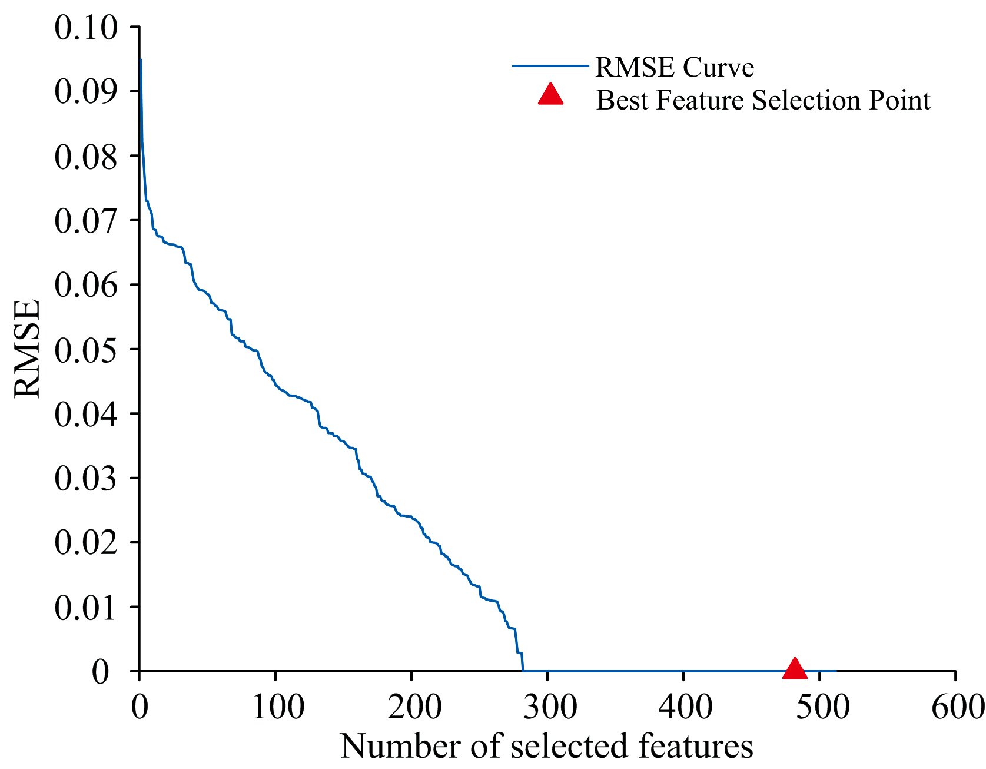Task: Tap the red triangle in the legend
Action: pyautogui.click(x=551, y=95)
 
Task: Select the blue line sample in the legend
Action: pyautogui.click(x=550, y=66)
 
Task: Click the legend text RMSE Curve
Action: pyautogui.click(x=675, y=67)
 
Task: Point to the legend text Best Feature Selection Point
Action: pyautogui.click(x=763, y=100)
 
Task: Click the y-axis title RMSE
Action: pyautogui.click(x=28, y=349)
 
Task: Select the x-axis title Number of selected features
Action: pyautogui.click(x=546, y=746)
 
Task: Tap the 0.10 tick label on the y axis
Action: pyautogui.click(x=86, y=28)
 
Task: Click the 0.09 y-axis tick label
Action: pyautogui.click(x=86, y=91)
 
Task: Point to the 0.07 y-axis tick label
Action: pyautogui.click(x=86, y=221)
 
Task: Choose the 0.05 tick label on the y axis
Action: pyautogui.click(x=86, y=350)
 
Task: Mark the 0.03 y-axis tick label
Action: pyautogui.click(x=86, y=479)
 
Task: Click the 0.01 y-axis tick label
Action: pyautogui.click(x=86, y=608)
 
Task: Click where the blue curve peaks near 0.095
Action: pyautogui.click(x=141, y=59)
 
